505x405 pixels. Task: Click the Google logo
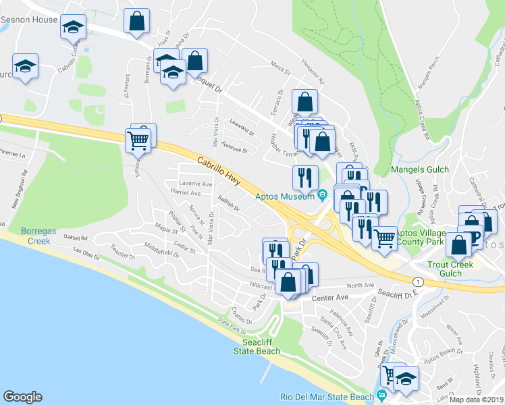tap(22, 397)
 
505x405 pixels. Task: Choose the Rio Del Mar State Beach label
tap(327, 396)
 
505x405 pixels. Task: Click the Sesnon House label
tap(29, 20)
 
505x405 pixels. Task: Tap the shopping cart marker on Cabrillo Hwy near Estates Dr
tap(138, 140)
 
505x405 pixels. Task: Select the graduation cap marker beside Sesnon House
tap(73, 28)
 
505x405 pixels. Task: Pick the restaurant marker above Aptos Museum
tap(305, 178)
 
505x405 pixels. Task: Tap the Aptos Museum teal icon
tap(323, 196)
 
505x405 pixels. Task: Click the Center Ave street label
tap(329, 297)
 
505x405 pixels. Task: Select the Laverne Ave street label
tap(195, 184)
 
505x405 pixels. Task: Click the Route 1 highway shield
tap(419, 281)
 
